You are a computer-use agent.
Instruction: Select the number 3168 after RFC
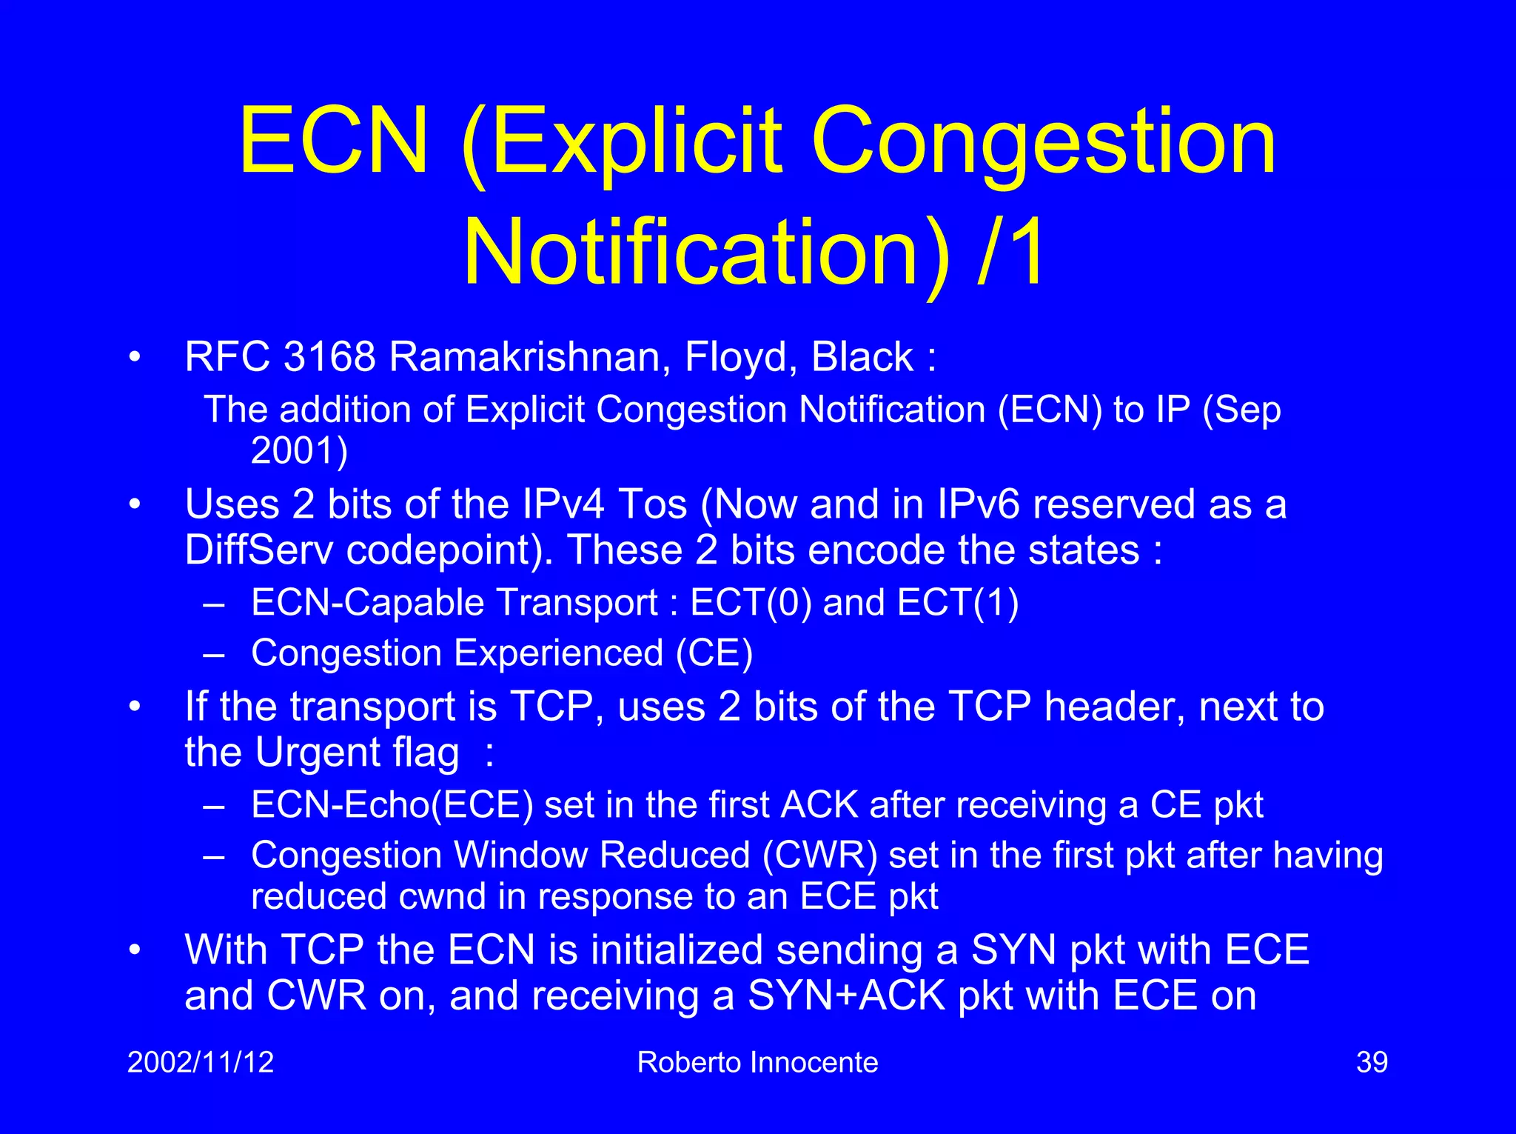tap(329, 357)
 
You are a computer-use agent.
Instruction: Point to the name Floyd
tap(741, 357)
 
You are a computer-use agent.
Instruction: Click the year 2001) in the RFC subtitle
tap(299, 450)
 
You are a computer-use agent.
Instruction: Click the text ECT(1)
tap(958, 602)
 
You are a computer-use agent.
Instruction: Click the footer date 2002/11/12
tap(201, 1062)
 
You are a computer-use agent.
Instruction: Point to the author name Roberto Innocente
tap(757, 1062)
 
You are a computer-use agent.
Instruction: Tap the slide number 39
tap(1372, 1062)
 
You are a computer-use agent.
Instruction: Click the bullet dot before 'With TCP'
tap(134, 950)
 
